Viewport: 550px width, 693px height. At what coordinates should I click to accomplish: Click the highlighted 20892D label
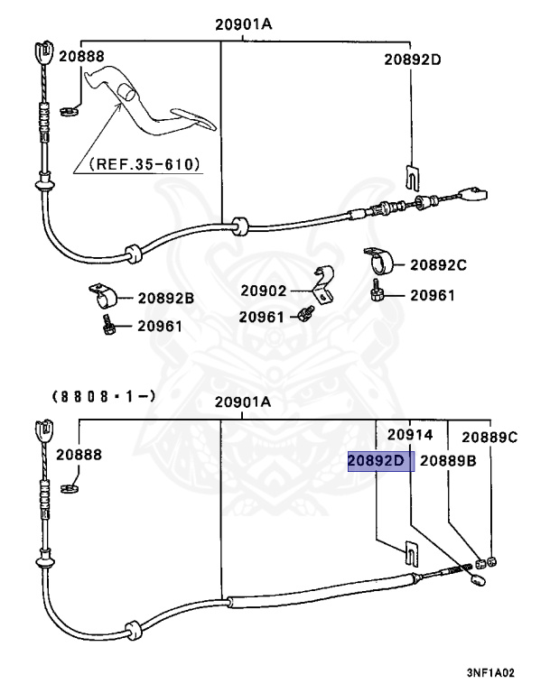[x=380, y=461]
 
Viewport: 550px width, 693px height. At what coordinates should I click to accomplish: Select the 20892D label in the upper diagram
[x=412, y=60]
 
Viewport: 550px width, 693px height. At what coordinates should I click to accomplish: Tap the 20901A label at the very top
[x=243, y=24]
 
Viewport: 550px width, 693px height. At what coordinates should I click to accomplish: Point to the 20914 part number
[x=411, y=435]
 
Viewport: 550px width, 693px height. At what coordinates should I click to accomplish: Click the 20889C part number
[x=489, y=437]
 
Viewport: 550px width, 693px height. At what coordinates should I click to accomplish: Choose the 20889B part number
[x=448, y=461]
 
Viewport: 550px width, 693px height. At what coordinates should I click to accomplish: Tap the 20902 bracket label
[x=263, y=291]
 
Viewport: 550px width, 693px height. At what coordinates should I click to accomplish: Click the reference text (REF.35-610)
[x=145, y=165]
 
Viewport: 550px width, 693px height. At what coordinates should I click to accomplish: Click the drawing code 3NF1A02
[x=490, y=672]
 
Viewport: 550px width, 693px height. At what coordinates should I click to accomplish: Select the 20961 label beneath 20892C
[x=433, y=295]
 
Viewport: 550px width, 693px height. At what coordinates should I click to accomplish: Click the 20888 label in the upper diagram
[x=82, y=56]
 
